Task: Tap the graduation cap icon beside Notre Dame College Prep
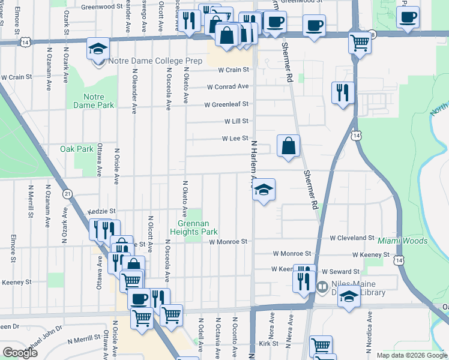point(97,49)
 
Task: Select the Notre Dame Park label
point(93,101)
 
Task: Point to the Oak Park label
point(77,149)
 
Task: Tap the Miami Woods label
point(403,241)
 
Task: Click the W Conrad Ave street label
point(228,87)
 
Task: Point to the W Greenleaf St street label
point(226,104)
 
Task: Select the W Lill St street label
point(236,121)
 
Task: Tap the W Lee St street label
point(235,139)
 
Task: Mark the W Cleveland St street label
point(352,238)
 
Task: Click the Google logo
point(20,353)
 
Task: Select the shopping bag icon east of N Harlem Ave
point(289,146)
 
